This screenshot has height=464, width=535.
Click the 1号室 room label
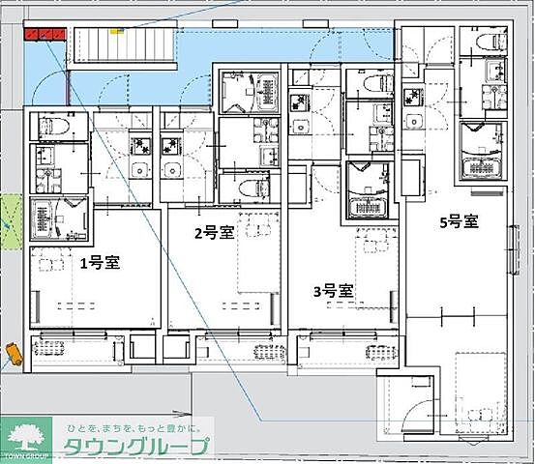click(x=99, y=262)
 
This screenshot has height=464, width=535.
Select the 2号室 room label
click(x=213, y=232)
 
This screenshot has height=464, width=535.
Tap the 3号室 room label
click(x=332, y=289)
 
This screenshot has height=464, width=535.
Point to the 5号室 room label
click(x=459, y=221)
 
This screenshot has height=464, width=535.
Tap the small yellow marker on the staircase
click(x=118, y=30)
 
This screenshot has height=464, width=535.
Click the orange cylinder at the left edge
click(x=13, y=353)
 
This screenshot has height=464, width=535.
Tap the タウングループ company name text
click(x=135, y=446)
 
